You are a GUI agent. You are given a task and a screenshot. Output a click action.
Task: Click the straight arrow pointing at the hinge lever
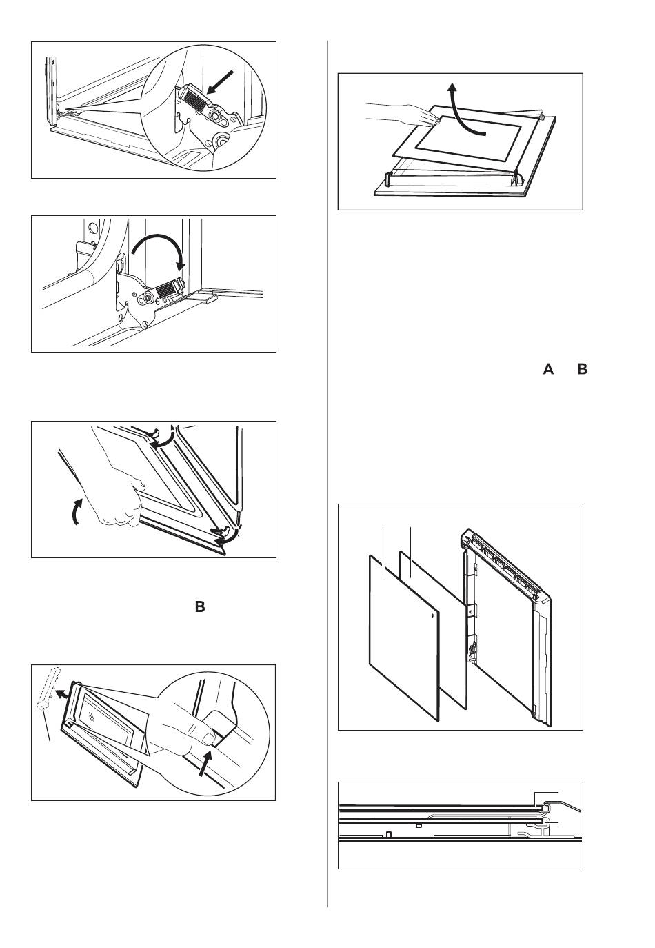[221, 81]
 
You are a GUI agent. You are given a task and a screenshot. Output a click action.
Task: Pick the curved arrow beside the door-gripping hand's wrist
[76, 511]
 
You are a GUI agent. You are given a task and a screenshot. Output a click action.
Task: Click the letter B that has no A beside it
[200, 607]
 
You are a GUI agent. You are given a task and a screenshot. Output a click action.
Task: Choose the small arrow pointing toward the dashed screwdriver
[62, 693]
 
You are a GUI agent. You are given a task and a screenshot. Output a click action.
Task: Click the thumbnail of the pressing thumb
[208, 738]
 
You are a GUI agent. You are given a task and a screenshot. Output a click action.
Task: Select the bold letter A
[548, 369]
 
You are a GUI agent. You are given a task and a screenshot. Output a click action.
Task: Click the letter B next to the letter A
[583, 369]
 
